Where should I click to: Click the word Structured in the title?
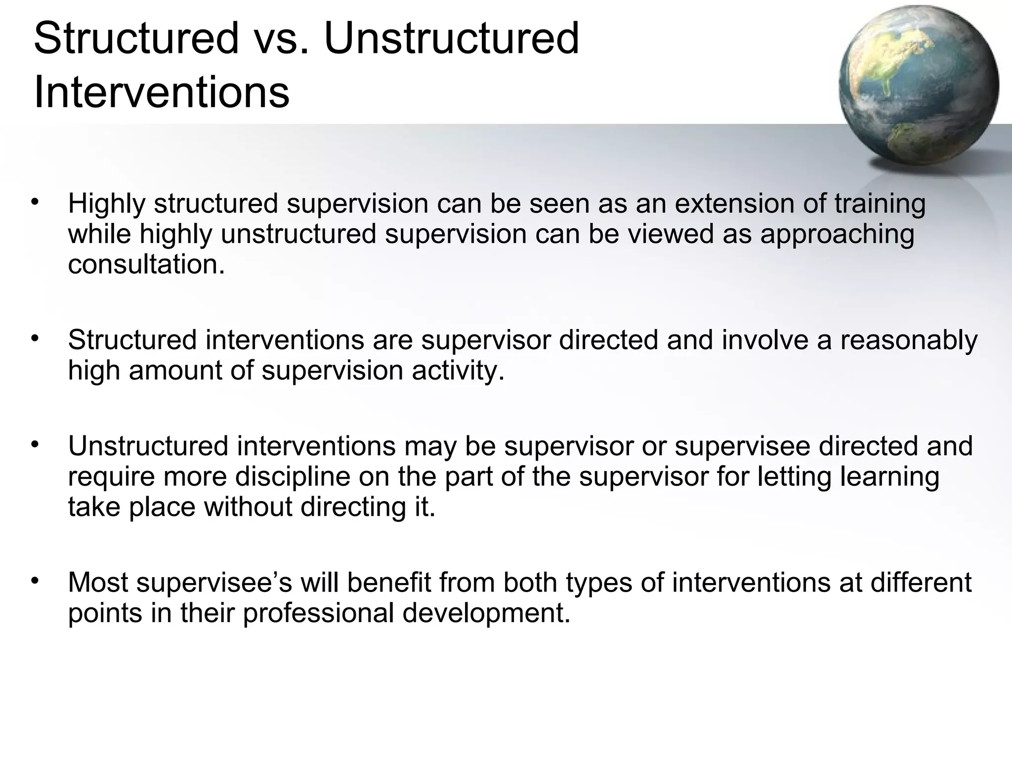136,39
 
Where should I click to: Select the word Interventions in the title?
162,92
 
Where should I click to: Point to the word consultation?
146,264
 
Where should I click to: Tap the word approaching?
837,234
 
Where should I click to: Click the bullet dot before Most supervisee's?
34,581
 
